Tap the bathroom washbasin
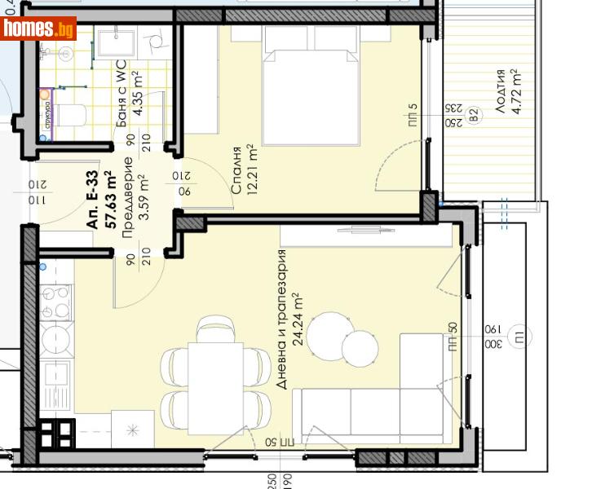coord(119,41)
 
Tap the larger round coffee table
coord(331,334)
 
